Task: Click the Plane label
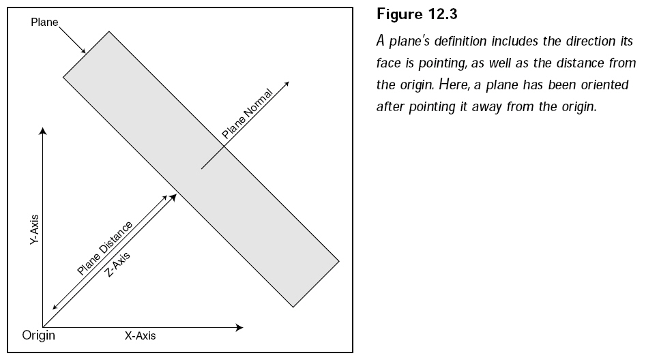coord(44,22)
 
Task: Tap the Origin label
coord(39,335)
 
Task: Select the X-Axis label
coord(140,335)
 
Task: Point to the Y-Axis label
coord(34,229)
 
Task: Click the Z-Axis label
coord(117,265)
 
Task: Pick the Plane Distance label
coord(104,248)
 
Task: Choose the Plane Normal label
coord(247,114)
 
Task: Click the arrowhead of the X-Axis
coord(239,327)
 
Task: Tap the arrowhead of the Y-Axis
coord(42,131)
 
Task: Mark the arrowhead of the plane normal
coord(287,84)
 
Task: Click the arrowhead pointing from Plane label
coord(83,51)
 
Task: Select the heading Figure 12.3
coord(417,14)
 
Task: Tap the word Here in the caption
coord(454,85)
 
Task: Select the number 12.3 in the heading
coord(443,14)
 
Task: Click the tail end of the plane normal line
coord(202,169)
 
